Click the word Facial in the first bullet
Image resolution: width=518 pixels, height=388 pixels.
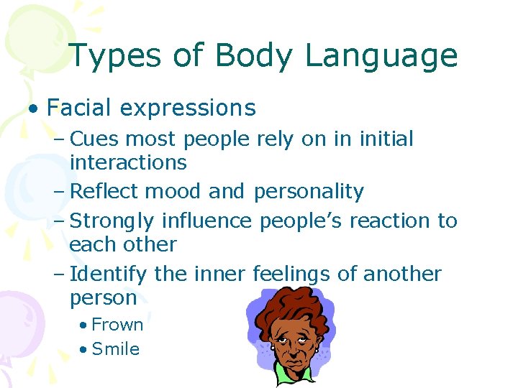pyautogui.click(x=79, y=108)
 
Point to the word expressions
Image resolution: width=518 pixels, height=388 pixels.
pyautogui.click(x=188, y=108)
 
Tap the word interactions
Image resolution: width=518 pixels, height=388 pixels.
pyautogui.click(x=128, y=163)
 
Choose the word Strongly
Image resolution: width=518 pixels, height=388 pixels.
pyautogui.click(x=113, y=221)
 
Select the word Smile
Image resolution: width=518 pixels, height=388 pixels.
pyautogui.click(x=116, y=349)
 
